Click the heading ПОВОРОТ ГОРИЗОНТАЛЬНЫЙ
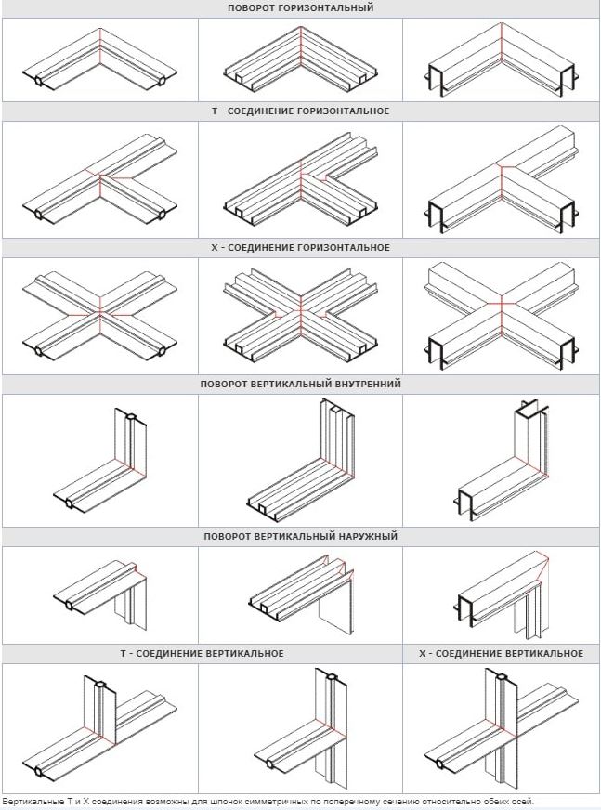tap(300, 8)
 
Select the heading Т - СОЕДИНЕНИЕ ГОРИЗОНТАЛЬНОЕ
tap(300, 111)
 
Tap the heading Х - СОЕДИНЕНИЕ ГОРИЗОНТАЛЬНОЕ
tap(300, 247)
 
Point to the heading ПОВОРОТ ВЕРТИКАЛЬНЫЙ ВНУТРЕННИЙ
tap(300, 384)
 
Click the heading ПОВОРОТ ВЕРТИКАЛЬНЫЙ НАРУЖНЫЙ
tap(300, 536)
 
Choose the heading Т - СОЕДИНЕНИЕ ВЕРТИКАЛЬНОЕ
tap(203, 653)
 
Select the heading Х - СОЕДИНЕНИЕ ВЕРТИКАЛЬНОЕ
tap(502, 653)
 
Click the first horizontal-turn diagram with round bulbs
tap(99, 60)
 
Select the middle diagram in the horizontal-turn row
tap(301, 60)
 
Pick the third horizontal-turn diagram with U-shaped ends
tap(502, 60)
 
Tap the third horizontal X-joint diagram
tap(502, 316)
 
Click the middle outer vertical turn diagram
tap(302, 592)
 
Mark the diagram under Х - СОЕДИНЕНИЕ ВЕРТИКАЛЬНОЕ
tap(501, 728)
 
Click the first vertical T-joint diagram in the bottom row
tap(99, 729)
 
